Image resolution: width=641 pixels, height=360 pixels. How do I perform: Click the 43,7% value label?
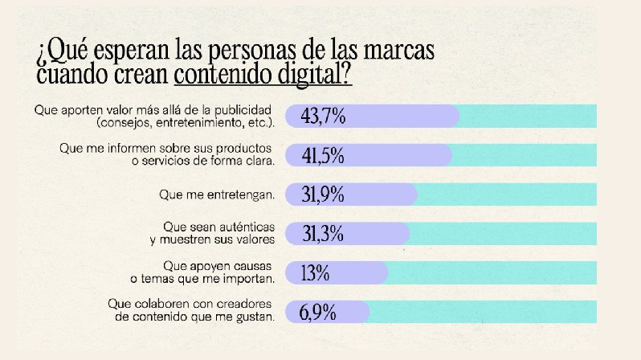[x=323, y=117]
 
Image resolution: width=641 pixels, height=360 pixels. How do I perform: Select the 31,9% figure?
[x=323, y=194]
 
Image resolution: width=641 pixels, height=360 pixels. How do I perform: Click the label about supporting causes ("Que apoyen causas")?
[x=218, y=266]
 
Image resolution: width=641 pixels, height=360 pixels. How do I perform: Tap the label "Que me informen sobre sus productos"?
[x=166, y=149]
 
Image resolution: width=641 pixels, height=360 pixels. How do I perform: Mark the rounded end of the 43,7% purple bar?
[x=454, y=117]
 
